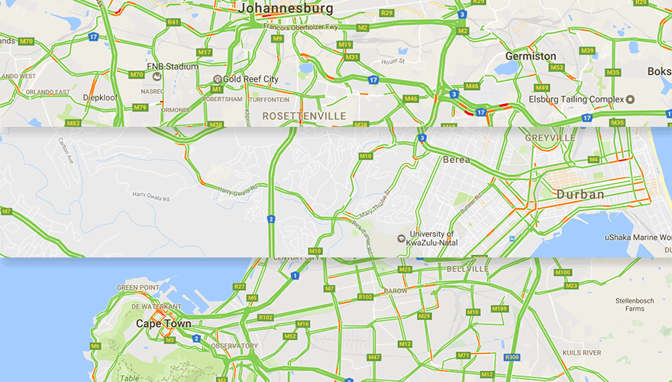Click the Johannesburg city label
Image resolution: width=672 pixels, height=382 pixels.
(x=286, y=9)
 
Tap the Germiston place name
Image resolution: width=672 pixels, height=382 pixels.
(x=531, y=57)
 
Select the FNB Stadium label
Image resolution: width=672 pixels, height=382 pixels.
(x=173, y=66)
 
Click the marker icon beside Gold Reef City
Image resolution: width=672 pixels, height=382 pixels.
(x=218, y=79)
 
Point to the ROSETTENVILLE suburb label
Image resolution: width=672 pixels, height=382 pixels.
(x=304, y=116)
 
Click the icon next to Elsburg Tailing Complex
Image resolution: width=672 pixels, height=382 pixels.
(x=630, y=99)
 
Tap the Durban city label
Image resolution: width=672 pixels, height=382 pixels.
(x=580, y=195)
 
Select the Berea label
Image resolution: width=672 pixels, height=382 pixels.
(x=456, y=160)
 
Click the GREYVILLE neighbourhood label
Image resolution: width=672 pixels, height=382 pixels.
(x=551, y=138)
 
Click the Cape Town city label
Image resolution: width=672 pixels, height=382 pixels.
(x=163, y=323)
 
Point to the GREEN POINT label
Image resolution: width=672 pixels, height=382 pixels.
(x=137, y=288)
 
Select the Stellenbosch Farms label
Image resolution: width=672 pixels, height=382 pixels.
(x=635, y=305)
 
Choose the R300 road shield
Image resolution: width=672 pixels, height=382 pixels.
(x=512, y=357)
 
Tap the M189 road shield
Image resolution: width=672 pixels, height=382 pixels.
(x=499, y=309)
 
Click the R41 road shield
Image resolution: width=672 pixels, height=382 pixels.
(x=173, y=22)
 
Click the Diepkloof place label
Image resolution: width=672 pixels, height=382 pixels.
(x=100, y=98)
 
